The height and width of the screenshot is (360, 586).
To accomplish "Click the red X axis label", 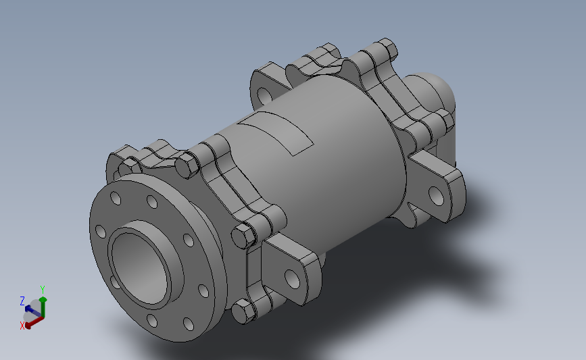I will click(x=22, y=325).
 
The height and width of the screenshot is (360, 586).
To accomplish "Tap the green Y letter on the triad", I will click(x=43, y=289).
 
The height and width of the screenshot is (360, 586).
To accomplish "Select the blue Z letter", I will click(x=22, y=301).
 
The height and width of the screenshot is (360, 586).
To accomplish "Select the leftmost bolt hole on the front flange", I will click(x=100, y=232).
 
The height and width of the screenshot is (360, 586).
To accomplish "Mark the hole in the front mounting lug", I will click(x=292, y=277).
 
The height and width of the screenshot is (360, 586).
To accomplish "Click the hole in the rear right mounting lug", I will click(x=437, y=196).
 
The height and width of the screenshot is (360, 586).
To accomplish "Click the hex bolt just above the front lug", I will click(x=243, y=236).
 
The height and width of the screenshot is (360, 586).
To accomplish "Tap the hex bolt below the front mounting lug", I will click(x=243, y=312).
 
